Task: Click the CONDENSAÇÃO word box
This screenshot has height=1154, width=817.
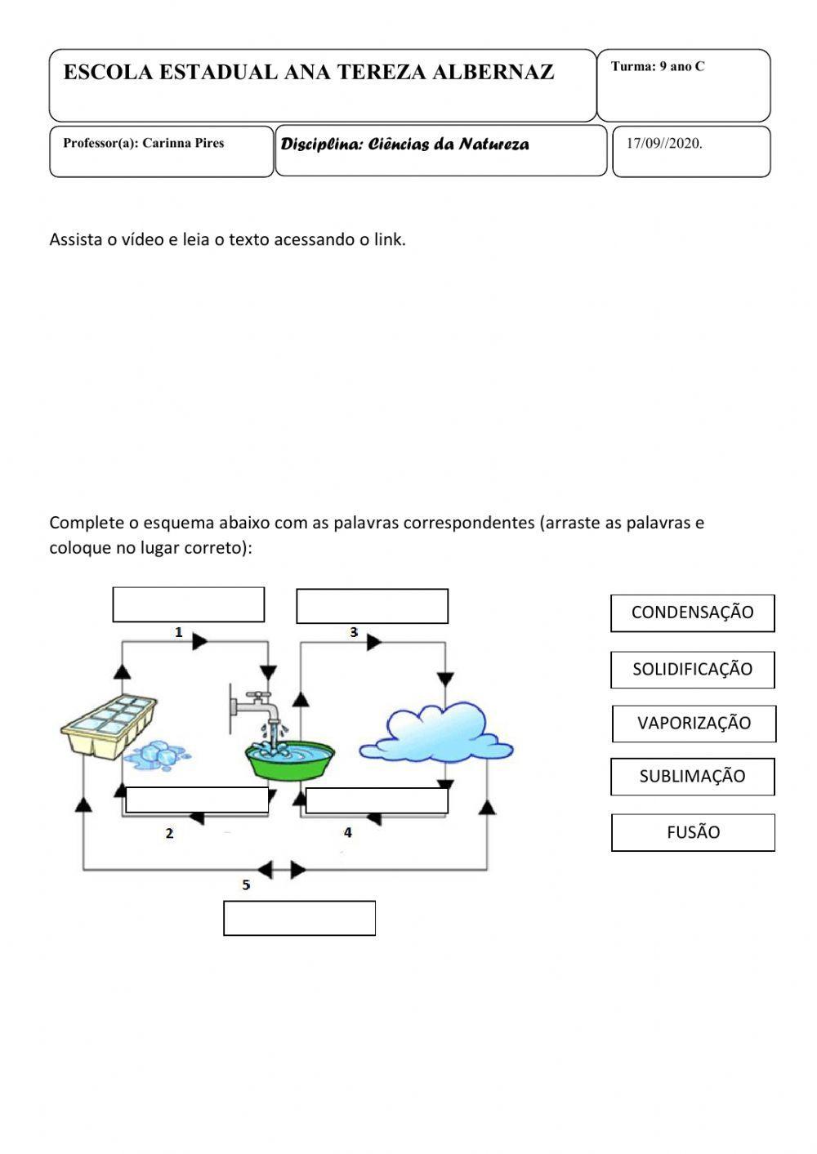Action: tap(692, 613)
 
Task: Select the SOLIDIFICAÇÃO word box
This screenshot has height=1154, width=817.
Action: tap(692, 669)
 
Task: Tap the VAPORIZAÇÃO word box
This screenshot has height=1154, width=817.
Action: tap(694, 723)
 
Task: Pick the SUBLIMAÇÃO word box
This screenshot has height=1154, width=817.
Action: tap(692, 776)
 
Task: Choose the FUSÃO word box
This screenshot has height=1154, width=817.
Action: tap(693, 832)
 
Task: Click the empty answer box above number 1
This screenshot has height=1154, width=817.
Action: tap(188, 604)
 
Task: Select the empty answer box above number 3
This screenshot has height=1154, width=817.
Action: tap(372, 606)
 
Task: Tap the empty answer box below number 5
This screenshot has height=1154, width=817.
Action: tap(299, 918)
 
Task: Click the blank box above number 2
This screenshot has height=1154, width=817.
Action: tap(197, 800)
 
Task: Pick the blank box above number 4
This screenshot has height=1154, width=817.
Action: tap(377, 800)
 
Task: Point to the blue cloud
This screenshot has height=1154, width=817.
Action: tap(436, 732)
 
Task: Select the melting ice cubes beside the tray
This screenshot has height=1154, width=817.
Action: tap(156, 755)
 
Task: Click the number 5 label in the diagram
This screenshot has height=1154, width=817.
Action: tap(246, 884)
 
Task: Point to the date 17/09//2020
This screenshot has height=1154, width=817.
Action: tap(664, 144)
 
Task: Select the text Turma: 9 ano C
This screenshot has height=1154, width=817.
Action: tap(657, 67)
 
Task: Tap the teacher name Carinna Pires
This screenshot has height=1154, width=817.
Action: tap(183, 143)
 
